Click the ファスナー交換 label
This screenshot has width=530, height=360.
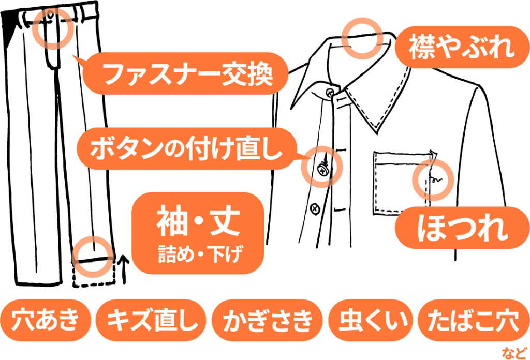click(185, 73)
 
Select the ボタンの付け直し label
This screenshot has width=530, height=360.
click(186, 148)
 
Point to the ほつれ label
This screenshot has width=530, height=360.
click(462, 228)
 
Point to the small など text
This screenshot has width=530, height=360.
click(514, 353)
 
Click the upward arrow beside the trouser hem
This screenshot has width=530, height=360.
click(123, 269)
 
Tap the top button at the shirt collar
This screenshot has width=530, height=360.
click(330, 93)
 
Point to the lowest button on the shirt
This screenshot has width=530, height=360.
click(315, 209)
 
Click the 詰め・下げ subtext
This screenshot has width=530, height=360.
click(200, 254)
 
